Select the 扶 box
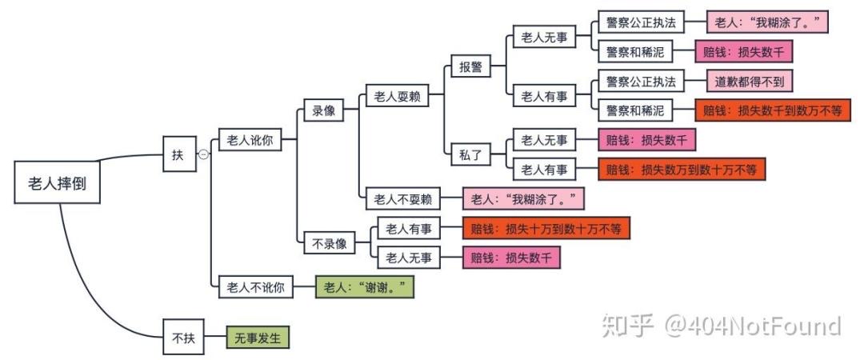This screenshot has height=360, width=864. [x=178, y=154]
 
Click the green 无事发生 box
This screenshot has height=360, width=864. [x=257, y=338]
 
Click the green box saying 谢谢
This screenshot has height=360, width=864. [x=366, y=286]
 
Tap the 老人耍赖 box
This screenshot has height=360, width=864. [x=396, y=97]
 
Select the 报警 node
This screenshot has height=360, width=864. [x=470, y=67]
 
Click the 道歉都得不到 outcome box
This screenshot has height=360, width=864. [x=750, y=82]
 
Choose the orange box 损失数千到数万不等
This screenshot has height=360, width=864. [x=772, y=111]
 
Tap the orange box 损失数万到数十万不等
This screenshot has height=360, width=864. [x=682, y=170]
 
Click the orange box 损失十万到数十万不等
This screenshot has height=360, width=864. [x=546, y=229]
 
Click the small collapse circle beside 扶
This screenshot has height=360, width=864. [x=203, y=154]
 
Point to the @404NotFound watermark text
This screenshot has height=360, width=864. [x=750, y=326]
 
